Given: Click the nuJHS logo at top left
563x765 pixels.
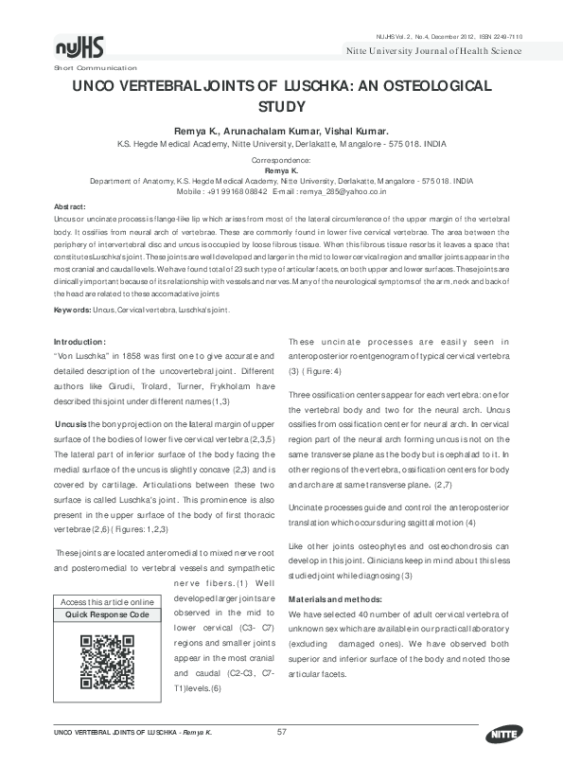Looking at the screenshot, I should (x=81, y=48).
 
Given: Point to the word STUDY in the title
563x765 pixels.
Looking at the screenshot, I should (x=282, y=107).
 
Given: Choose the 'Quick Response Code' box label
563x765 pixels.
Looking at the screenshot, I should (x=106, y=614).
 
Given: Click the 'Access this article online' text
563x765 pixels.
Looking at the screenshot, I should (x=106, y=602).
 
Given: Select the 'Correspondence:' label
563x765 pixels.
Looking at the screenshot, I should (x=282, y=160).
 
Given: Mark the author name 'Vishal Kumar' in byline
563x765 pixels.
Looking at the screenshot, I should (x=360, y=131).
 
